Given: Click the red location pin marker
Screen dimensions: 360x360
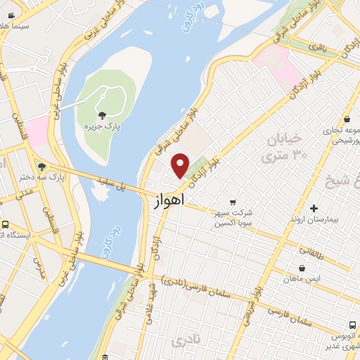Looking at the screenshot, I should [181, 165].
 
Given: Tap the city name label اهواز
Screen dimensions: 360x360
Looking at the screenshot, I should [169, 201].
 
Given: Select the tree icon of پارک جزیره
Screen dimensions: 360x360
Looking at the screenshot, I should [103, 115].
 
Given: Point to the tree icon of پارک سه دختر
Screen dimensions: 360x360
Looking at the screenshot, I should [43, 167].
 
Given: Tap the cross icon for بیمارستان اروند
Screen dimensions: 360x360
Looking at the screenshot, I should [314, 208].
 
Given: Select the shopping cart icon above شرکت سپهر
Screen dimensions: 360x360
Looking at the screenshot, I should [233, 202].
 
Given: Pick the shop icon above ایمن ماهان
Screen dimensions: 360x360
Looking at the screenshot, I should [302, 268].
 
